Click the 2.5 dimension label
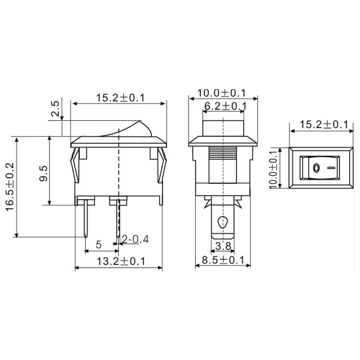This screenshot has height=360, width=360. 55,108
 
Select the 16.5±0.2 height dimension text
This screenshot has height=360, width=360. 10,187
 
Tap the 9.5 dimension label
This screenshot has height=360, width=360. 43,173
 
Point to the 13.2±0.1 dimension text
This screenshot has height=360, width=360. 121,261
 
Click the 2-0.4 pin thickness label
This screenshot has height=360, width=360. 135,239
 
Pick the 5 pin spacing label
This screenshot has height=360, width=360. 99,244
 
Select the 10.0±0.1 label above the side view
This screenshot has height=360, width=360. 221,93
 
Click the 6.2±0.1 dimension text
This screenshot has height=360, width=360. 225,106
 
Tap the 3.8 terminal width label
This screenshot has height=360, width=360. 223,246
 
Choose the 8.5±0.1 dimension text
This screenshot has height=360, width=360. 223,260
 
